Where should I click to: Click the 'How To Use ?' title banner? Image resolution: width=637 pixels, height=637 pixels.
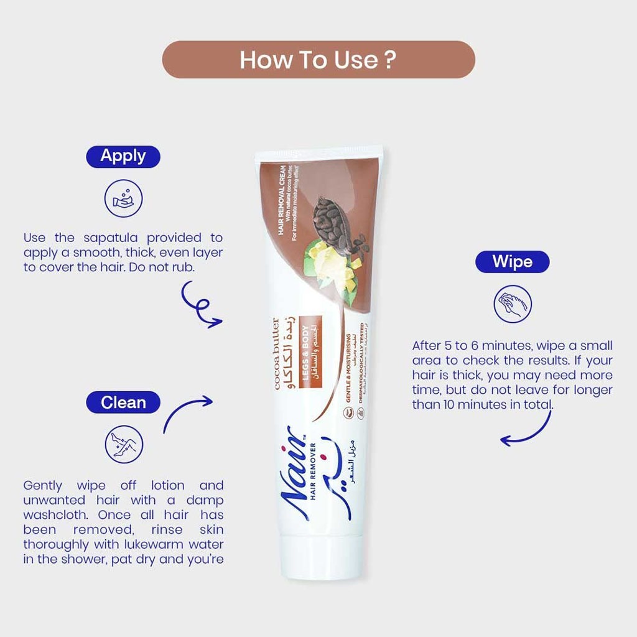tap(318, 60)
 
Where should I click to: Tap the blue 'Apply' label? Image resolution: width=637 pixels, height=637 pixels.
tap(123, 156)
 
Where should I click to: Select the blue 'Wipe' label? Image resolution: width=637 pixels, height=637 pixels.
tap(512, 262)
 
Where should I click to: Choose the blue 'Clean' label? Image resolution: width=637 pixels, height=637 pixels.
tap(123, 403)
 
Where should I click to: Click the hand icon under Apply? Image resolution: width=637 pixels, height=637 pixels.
tap(123, 198)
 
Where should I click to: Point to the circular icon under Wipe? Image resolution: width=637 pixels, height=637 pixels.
tap(512, 304)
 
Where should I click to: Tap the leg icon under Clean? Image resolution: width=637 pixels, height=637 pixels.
tap(123, 444)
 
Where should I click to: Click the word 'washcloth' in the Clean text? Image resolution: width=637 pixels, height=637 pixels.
tap(53, 515)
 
